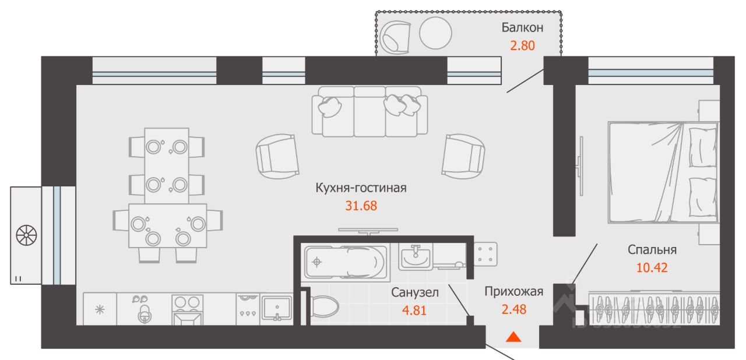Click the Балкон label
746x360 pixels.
[522, 27]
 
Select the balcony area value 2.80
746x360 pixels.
[522, 45]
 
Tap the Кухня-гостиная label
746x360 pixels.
[361, 188]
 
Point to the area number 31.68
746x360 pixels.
[361, 206]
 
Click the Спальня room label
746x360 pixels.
[652, 250]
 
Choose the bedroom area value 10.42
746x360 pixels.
[652, 268]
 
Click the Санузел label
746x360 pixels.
[414, 293]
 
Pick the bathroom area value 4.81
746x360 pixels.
[414, 310]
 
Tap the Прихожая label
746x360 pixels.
[514, 292]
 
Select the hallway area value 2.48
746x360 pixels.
[514, 309]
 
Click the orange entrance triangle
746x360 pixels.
[513, 337]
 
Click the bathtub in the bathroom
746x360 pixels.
[346, 263]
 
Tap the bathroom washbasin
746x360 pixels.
[416, 257]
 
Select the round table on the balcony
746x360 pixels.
[435, 33]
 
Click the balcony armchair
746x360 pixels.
[395, 37]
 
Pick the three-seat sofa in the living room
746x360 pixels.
[370, 111]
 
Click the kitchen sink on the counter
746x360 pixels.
[277, 308]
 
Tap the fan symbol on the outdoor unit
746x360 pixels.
[26, 235]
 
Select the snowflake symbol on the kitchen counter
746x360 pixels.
[100, 310]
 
